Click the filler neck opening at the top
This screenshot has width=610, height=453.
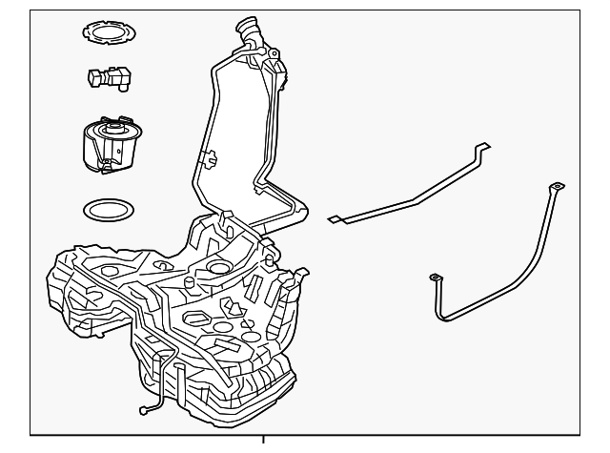pyautogui.click(x=249, y=26)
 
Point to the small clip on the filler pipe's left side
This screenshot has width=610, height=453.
pyautogui.click(x=208, y=155)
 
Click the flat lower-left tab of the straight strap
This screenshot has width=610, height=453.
pyautogui.click(x=335, y=219)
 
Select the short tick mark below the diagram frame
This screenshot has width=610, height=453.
pyautogui.click(x=263, y=441)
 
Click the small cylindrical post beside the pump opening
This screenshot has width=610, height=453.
pyautogui.click(x=190, y=283)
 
